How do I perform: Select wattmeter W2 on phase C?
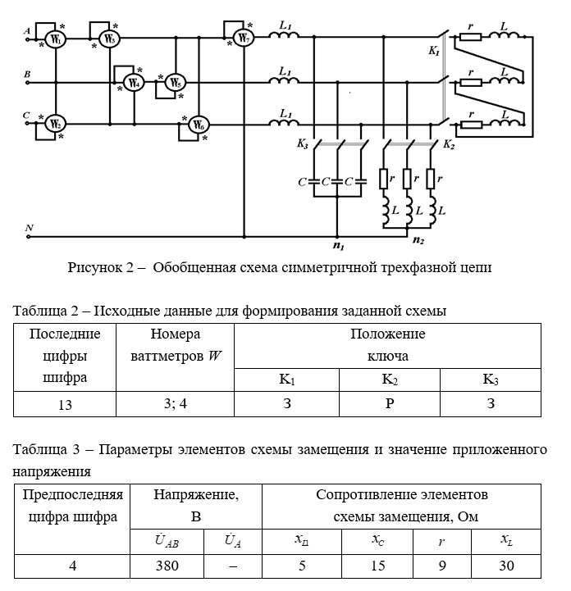54,125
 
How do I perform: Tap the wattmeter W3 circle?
110,39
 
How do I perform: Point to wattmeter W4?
134,83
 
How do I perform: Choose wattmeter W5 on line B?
174,83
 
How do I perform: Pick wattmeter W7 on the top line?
240,39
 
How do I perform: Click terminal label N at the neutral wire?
29,227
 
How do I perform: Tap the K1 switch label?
433,51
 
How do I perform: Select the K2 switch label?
449,144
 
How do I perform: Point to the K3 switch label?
303,144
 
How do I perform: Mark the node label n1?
337,245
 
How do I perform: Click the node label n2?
418,241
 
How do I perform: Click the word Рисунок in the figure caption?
96,268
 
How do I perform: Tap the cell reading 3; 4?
175,404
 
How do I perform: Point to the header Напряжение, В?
196,506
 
